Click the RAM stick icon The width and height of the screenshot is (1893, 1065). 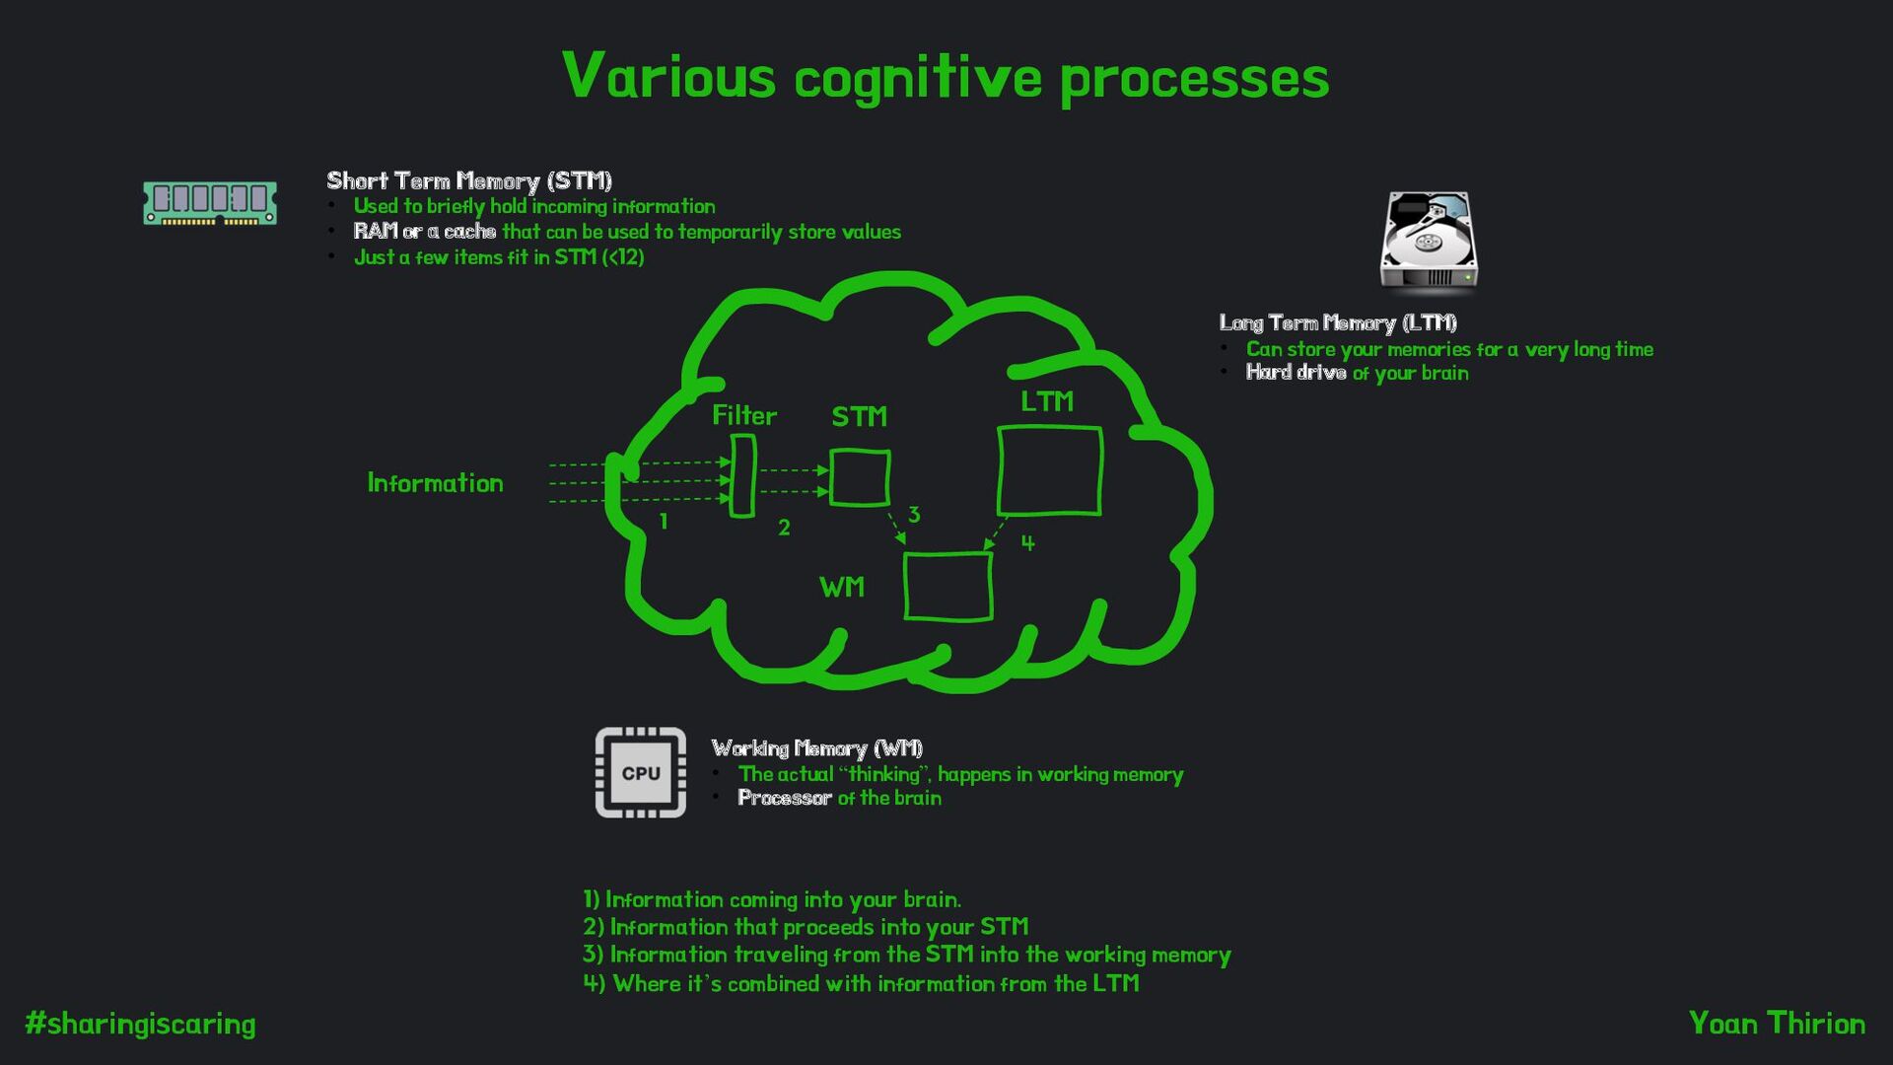[x=210, y=202]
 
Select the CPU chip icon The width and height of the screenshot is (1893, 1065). [x=641, y=773]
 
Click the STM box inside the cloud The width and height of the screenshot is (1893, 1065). [x=860, y=478]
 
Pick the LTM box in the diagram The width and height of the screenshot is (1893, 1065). [x=1050, y=470]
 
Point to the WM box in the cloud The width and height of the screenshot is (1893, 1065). [x=947, y=587]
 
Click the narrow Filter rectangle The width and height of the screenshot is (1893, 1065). [x=742, y=476]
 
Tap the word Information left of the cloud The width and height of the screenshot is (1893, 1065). [x=435, y=482]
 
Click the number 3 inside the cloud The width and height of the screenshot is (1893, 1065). [x=914, y=514]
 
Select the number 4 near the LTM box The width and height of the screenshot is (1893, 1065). [x=1027, y=542]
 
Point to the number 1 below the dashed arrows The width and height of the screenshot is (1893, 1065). [x=664, y=522]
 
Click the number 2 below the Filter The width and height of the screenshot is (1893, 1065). [x=784, y=528]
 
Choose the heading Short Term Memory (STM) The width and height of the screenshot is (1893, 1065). [x=469, y=180]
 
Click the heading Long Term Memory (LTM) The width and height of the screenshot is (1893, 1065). [x=1338, y=322]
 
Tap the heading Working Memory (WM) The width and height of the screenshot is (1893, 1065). [x=816, y=748]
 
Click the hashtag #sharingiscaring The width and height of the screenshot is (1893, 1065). [x=140, y=1024]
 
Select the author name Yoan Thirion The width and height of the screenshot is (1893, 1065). [x=1777, y=1024]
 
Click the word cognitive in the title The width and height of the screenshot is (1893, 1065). [x=918, y=79]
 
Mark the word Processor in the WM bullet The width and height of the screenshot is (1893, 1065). [x=785, y=798]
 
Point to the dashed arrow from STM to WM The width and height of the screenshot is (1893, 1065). [x=896, y=528]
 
